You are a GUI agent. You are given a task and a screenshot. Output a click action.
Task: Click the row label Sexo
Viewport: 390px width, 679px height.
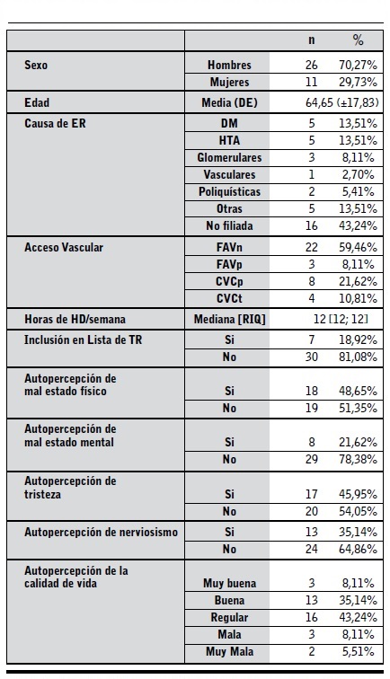coord(37,66)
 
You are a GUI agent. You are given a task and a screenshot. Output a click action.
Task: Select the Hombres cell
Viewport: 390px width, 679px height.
coord(229,66)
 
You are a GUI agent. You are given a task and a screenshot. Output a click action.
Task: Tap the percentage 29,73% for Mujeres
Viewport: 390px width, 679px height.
coord(356,82)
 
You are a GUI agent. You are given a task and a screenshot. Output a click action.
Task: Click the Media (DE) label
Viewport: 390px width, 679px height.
coord(229,103)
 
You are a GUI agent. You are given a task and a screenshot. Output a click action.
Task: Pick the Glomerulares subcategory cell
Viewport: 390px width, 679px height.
coord(229,157)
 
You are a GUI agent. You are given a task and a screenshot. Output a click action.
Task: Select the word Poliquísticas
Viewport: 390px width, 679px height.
coord(229,191)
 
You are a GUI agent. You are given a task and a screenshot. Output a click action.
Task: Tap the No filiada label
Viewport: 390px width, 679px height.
coord(229,225)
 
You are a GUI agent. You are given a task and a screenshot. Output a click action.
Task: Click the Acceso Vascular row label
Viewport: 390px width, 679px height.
coord(64,247)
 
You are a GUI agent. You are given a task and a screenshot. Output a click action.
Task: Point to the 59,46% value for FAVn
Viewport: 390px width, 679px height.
coord(356,247)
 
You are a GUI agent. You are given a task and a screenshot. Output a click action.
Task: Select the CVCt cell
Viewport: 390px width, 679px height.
coord(229,297)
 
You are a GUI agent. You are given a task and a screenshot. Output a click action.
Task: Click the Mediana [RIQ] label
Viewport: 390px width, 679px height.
coord(229,320)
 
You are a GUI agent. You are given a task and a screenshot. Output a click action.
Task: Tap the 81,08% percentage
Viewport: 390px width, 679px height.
coord(356,357)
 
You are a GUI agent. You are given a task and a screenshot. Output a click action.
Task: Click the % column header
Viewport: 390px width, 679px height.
coord(358,40)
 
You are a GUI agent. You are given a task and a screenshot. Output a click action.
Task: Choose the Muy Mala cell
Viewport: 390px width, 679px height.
coord(229,650)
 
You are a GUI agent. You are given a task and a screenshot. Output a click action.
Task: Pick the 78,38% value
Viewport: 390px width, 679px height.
coord(356,459)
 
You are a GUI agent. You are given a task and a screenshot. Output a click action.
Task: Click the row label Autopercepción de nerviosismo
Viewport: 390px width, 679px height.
coord(101,533)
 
